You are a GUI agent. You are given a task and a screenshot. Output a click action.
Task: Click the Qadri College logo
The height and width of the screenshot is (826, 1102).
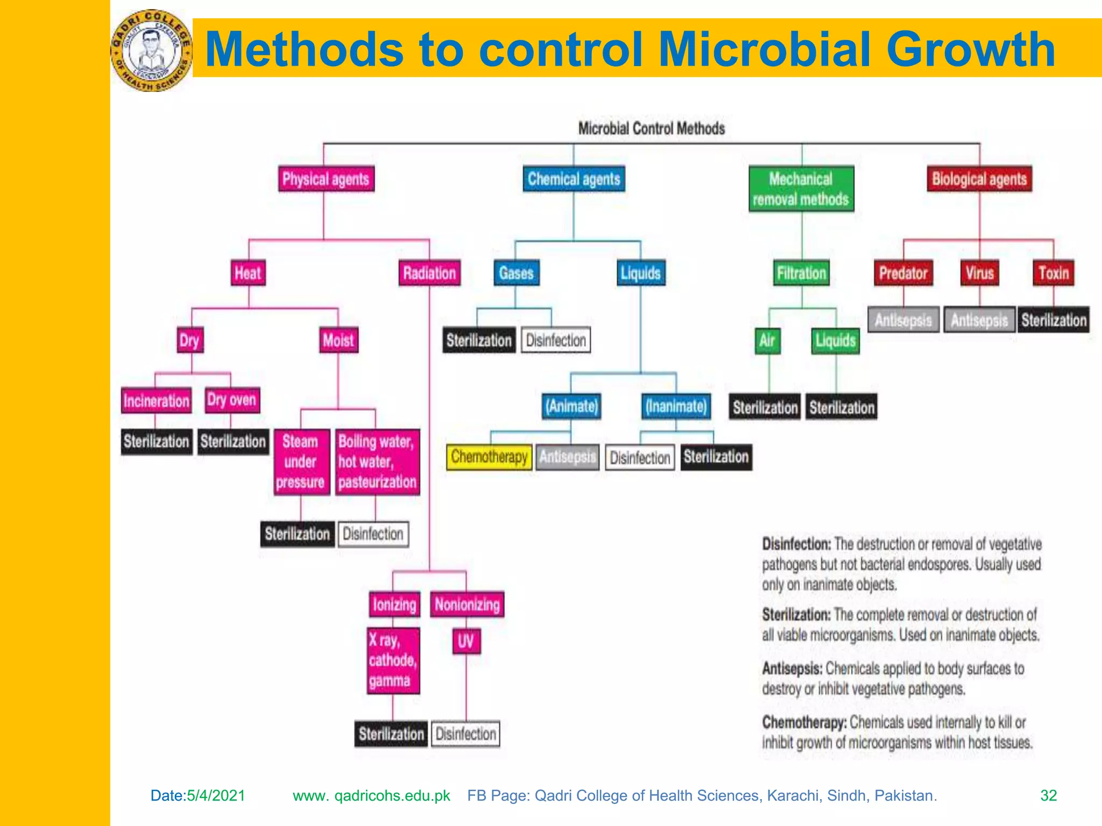(151, 51)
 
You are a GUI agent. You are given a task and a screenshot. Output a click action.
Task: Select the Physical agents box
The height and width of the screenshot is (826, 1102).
(326, 179)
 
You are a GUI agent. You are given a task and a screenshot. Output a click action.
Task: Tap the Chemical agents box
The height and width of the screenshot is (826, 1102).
(574, 179)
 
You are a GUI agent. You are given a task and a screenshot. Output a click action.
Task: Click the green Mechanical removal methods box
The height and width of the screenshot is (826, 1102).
(801, 189)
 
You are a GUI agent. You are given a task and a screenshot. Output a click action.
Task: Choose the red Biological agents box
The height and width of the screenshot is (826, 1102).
(979, 179)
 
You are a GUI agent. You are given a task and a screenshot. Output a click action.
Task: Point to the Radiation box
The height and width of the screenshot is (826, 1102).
(429, 273)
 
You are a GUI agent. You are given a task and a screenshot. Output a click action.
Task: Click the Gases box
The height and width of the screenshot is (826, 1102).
(516, 273)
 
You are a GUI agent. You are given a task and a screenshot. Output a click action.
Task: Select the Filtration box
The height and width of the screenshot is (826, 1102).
(801, 273)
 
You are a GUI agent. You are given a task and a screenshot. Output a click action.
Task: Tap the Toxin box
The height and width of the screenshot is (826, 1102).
(1053, 273)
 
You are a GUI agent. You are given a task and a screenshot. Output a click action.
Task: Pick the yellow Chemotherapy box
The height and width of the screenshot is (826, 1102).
(489, 457)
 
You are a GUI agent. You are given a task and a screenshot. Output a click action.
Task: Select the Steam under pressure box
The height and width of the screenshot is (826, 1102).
(301, 462)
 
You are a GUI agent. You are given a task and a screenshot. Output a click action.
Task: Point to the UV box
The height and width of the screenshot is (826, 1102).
(466, 641)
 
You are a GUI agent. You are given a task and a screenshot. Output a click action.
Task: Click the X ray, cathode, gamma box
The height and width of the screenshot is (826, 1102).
(393, 661)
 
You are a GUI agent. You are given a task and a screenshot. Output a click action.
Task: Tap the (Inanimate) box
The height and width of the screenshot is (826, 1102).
(676, 406)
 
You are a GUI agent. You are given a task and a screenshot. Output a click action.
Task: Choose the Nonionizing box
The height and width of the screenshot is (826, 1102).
(467, 605)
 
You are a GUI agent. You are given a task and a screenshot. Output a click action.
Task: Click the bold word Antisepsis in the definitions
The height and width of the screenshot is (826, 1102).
(792, 669)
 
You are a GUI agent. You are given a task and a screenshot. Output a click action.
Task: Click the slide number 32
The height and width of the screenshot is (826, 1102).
(1048, 795)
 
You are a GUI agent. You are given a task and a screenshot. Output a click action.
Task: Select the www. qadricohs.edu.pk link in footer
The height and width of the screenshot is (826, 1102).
(371, 795)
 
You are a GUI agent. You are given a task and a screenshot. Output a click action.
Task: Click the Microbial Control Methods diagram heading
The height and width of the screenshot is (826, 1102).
(651, 129)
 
